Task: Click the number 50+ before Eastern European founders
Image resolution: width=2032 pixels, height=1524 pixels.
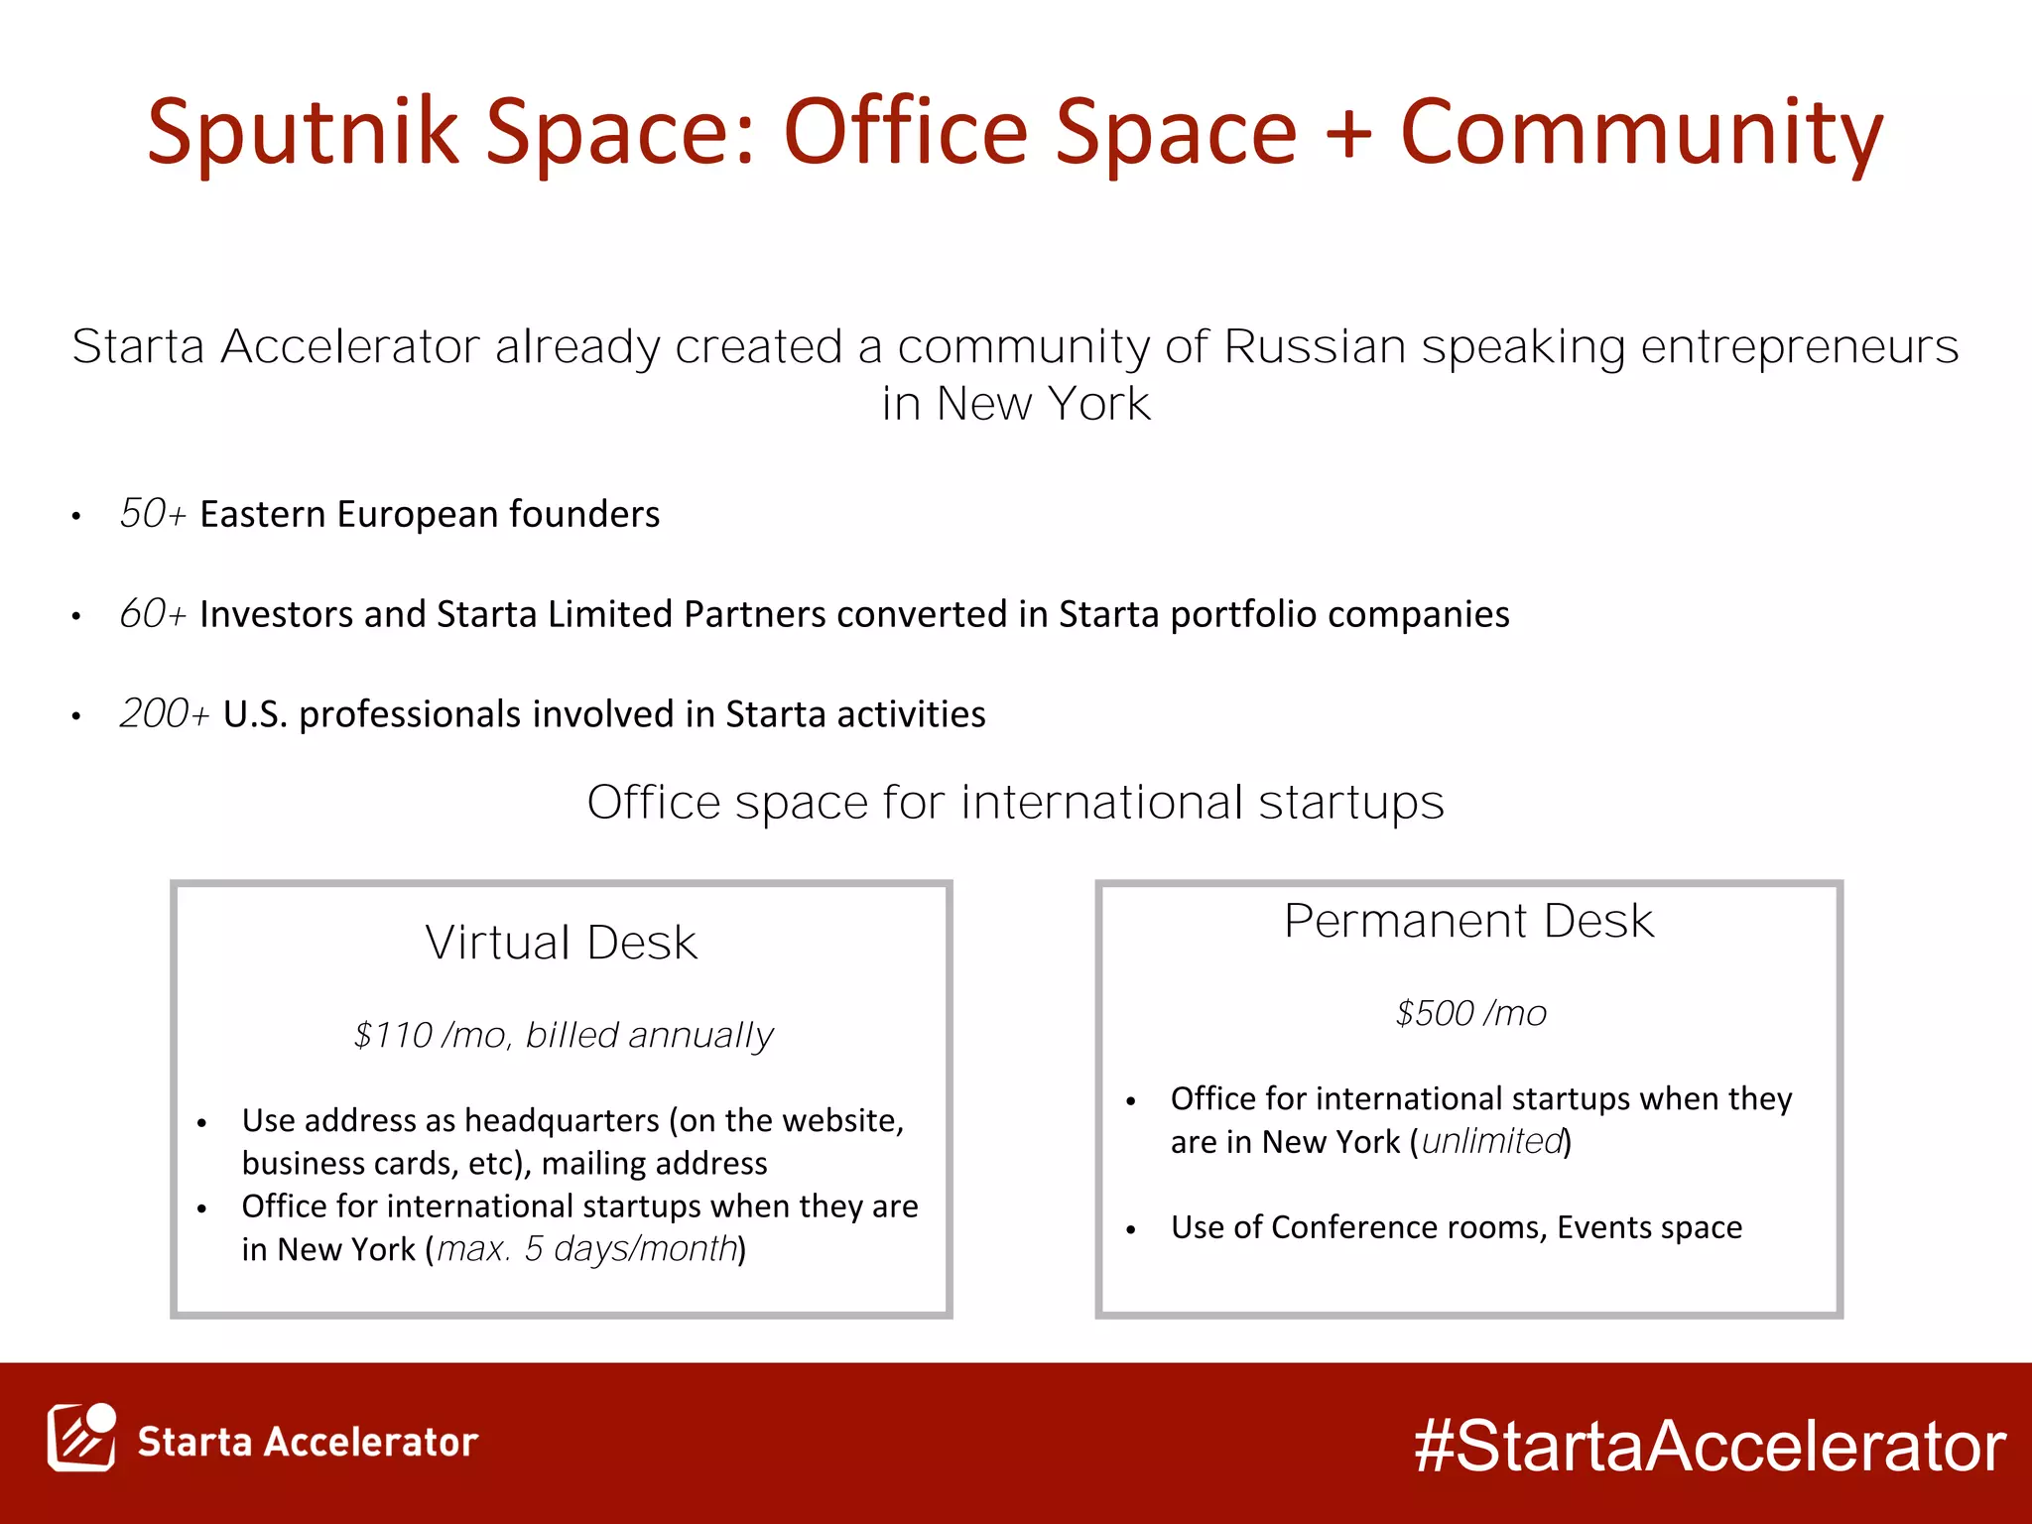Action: [152, 514]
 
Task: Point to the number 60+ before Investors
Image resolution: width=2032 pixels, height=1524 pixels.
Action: [152, 614]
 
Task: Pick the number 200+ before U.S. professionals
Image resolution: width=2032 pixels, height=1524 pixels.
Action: [164, 714]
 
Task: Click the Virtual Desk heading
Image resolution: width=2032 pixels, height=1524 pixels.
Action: [561, 943]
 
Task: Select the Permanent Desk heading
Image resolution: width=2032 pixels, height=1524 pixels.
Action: [1468, 921]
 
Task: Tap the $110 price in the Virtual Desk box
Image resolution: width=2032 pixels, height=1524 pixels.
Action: [393, 1035]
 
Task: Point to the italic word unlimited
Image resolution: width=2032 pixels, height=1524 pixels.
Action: [1492, 1142]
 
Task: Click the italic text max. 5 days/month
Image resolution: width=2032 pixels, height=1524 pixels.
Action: [587, 1249]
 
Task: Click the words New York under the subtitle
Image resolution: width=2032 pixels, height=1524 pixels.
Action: [1042, 404]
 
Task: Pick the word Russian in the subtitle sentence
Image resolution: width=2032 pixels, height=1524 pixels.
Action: [1314, 346]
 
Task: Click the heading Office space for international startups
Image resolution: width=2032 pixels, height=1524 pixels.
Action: [1015, 802]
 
